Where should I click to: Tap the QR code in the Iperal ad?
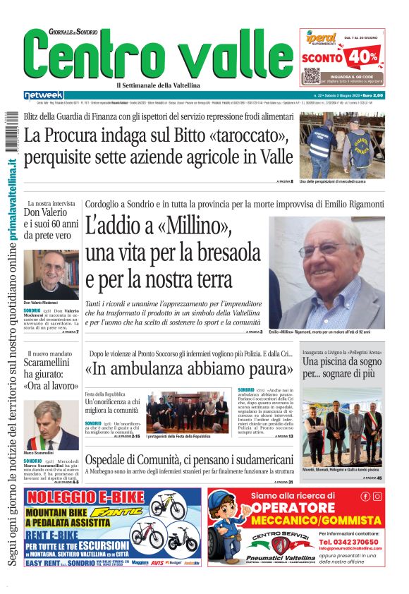pyautogui.click(x=312, y=76)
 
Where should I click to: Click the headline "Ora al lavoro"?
pyautogui.click(x=51, y=386)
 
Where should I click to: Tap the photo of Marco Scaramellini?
pyautogui.click(x=51, y=425)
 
